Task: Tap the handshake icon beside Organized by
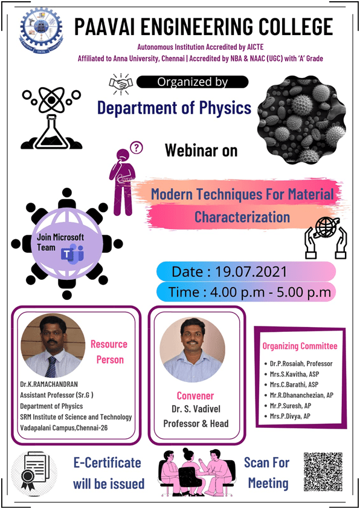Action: point(121,84)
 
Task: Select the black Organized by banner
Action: point(192,82)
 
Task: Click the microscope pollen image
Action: point(301,120)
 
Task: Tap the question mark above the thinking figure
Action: point(137,148)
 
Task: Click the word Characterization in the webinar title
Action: point(242,217)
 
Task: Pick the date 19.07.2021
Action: point(251,271)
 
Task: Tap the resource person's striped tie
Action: point(51,367)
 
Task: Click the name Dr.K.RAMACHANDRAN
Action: point(49,384)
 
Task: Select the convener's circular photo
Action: point(192,349)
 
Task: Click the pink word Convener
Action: point(195,396)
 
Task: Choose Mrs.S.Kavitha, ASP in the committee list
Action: point(295,374)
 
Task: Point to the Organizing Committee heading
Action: point(300,346)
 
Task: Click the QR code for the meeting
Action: point(323,472)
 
